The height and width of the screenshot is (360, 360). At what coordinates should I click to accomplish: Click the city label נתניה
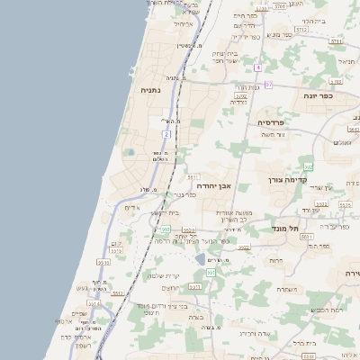(150, 90)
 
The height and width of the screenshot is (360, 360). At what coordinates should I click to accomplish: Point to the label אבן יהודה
(214, 185)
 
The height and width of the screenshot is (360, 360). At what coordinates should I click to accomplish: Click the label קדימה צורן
(288, 179)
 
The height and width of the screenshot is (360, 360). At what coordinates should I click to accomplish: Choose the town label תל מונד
(260, 229)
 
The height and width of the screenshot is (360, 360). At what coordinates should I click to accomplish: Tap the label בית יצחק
(224, 55)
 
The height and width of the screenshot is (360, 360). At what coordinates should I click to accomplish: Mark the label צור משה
(271, 135)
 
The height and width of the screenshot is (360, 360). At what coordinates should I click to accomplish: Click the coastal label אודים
(131, 208)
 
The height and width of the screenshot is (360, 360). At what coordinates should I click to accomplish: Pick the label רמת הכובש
(325, 309)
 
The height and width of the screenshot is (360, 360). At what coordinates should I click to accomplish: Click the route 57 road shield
(268, 85)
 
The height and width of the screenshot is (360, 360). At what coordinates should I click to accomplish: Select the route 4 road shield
(256, 67)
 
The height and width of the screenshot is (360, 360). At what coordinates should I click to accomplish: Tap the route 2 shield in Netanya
(166, 134)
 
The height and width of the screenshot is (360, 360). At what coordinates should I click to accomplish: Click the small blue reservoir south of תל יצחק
(200, 259)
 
